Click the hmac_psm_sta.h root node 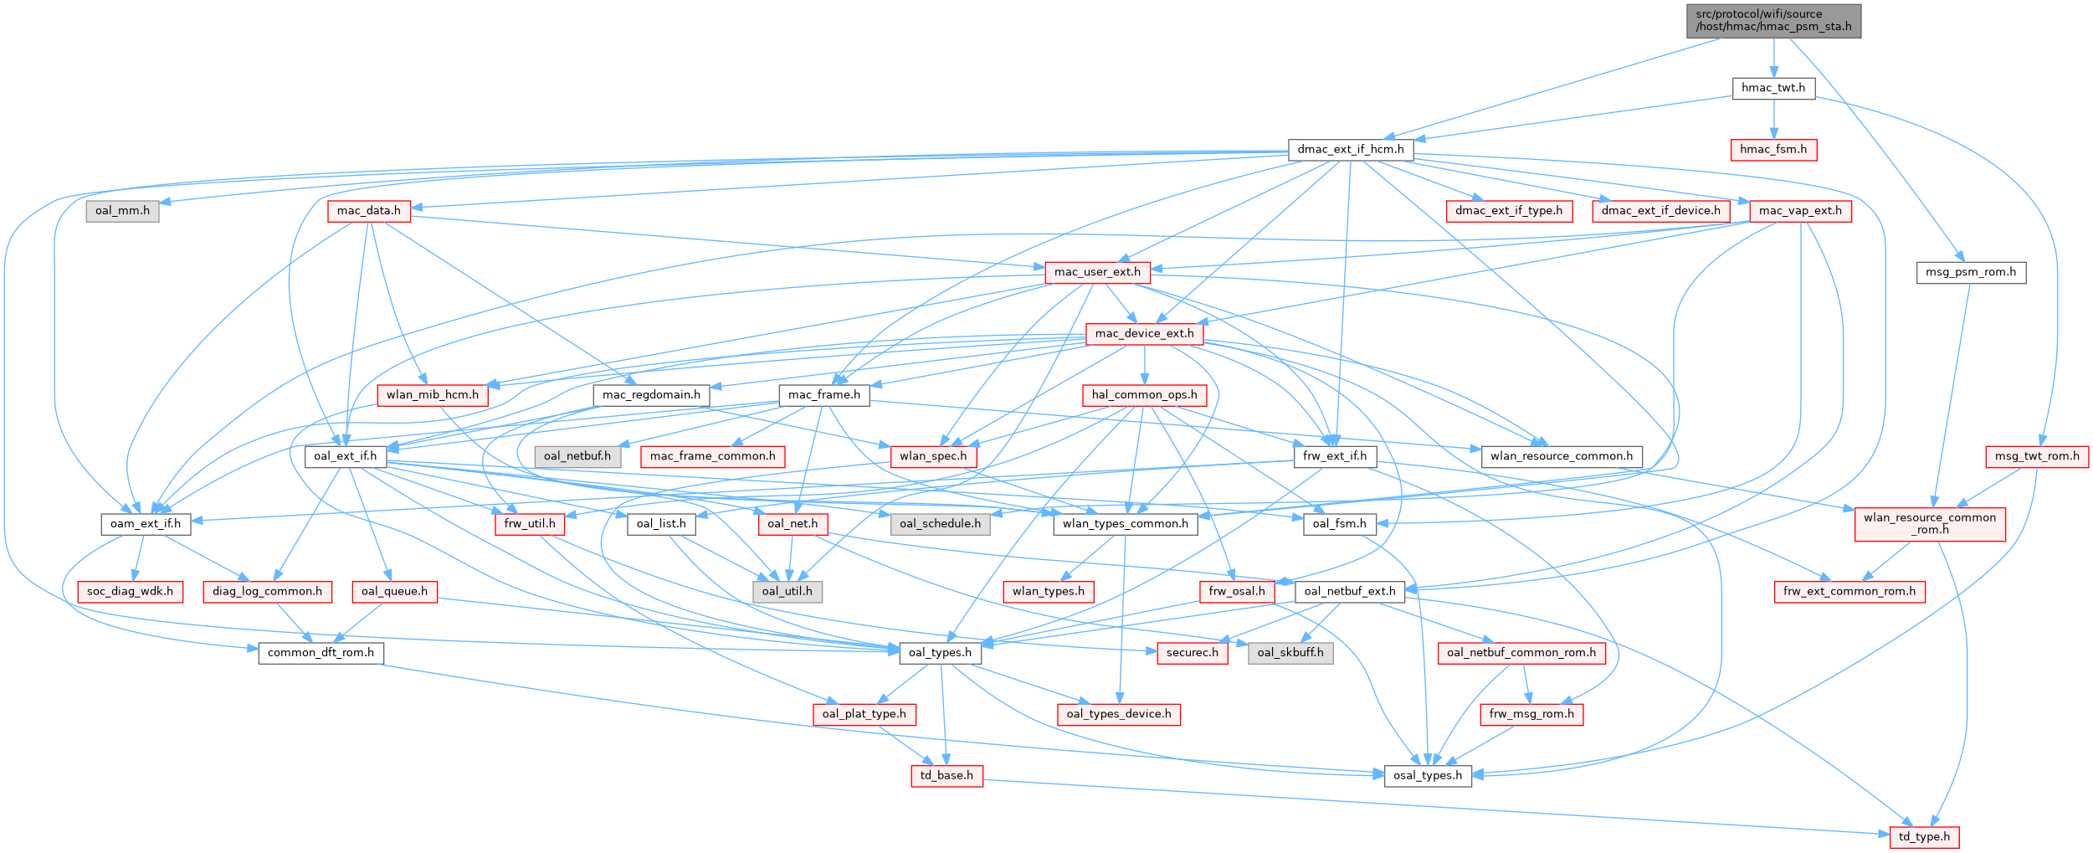tap(1773, 21)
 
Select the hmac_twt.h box tap(1773, 88)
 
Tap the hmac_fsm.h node tap(1773, 150)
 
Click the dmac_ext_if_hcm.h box tap(1351, 150)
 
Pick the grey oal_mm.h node tap(122, 211)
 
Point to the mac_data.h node tap(369, 211)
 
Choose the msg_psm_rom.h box tap(1971, 272)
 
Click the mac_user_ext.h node tap(1097, 272)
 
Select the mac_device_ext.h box tap(1144, 334)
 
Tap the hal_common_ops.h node tap(1144, 395)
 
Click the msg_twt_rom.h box tap(2036, 456)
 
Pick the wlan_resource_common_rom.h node tap(1930, 523)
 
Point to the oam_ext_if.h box tap(146, 524)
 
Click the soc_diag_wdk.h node tap(131, 592)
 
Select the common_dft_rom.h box tap(321, 653)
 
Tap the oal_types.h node tap(940, 653)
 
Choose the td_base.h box tap(946, 776)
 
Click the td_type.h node tap(1924, 837)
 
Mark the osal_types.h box tap(1428, 776)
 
